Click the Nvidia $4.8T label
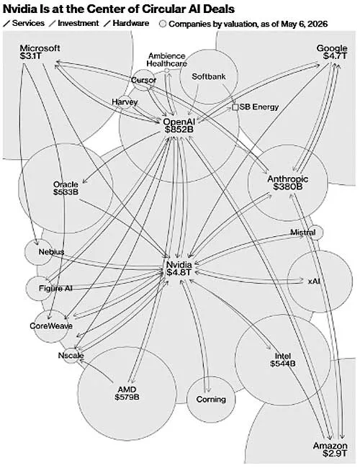tap(179, 269)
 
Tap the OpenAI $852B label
tap(179, 125)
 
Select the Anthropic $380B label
tap(288, 183)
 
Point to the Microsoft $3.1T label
tap(40, 52)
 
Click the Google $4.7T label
tap(332, 52)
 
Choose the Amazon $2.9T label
tap(330, 449)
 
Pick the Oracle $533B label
tap(66, 188)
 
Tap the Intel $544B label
tap(283, 360)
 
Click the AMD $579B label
tap(127, 393)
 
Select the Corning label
tap(211, 400)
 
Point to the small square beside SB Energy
tap(235, 107)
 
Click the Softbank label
tap(209, 76)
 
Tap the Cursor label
tap(143, 80)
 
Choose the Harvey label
tap(125, 102)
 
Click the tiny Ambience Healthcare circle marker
tap(167, 71)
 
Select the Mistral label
tap(302, 233)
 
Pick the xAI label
tap(314, 281)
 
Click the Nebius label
tap(51, 251)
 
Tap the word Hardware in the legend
tap(131, 23)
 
